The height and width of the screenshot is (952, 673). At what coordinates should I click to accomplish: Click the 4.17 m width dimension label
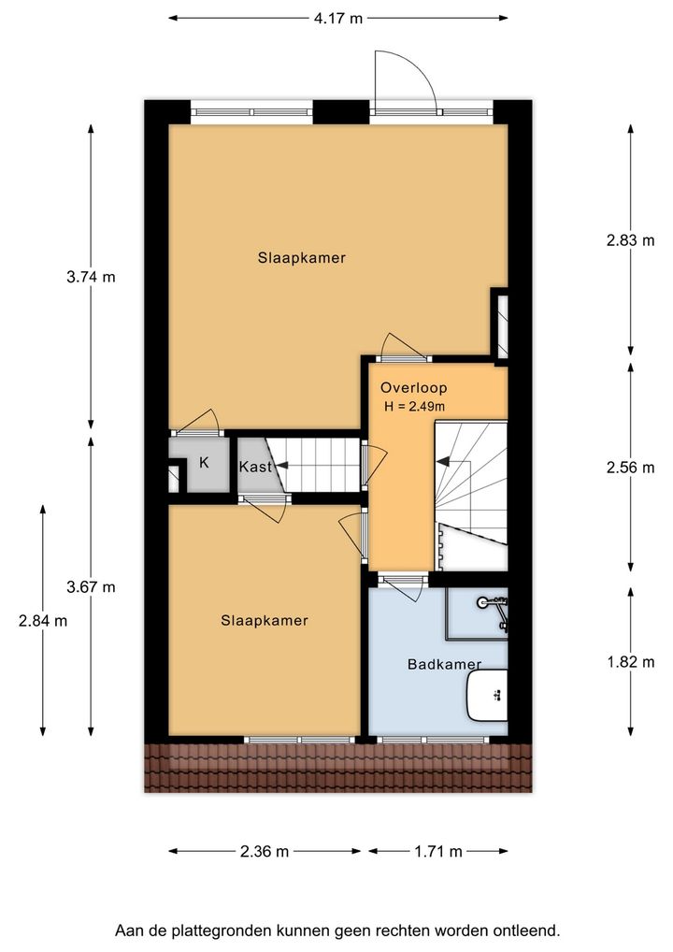338,18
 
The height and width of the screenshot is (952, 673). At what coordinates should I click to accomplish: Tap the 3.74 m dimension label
91,277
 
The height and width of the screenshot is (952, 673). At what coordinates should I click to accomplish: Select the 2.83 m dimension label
631,240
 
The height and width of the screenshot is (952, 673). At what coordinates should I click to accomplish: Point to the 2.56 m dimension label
631,468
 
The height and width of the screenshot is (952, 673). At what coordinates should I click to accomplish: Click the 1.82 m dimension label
631,662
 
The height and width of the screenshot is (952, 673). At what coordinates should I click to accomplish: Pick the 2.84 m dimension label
43,621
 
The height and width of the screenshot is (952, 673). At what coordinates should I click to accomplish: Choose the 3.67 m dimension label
91,587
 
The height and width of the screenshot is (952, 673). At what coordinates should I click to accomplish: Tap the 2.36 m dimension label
265,851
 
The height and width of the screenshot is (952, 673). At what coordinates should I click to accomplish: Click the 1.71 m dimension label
438,851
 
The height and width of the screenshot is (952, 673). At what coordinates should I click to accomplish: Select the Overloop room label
414,387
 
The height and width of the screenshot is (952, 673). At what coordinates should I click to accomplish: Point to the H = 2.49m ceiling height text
414,407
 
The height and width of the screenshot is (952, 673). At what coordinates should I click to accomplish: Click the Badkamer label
444,664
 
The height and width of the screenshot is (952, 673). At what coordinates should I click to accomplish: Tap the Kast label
255,467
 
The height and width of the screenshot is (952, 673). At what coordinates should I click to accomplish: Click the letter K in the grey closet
204,463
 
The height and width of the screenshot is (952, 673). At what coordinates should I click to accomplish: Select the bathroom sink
487,695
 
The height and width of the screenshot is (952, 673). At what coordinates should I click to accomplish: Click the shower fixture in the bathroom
494,610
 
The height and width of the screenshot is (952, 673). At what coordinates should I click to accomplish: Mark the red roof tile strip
338,768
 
